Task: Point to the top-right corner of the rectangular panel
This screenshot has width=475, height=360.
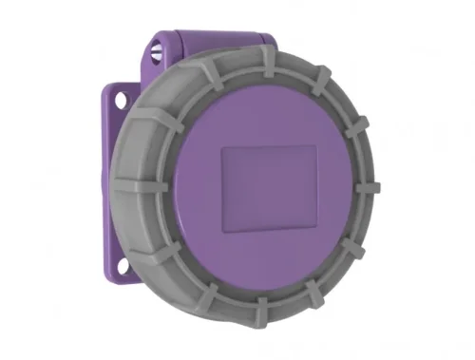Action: (x=316, y=144)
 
